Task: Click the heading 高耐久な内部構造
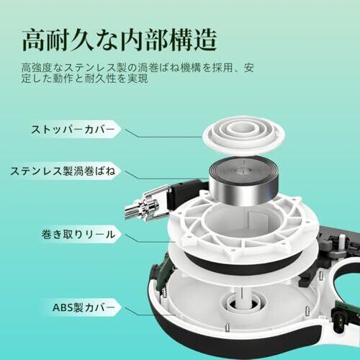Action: tap(120, 40)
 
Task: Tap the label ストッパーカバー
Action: tap(73, 130)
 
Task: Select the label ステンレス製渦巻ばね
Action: tap(63, 171)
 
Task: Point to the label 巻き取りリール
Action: tap(78, 234)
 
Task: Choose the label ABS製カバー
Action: tap(84, 307)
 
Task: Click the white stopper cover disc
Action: tap(244, 135)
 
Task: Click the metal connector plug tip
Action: tap(132, 212)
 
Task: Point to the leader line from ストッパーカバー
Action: tap(163, 134)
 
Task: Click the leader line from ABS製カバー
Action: tap(150, 311)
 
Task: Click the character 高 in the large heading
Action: tap(34, 40)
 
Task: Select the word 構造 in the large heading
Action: tap(193, 40)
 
